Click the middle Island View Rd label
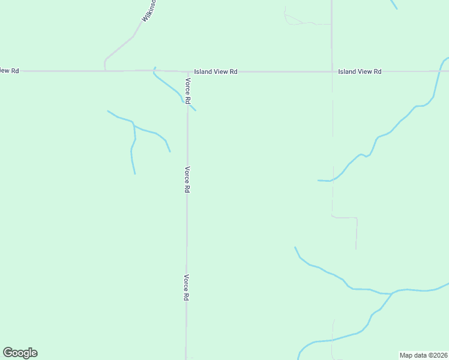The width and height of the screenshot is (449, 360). tap(216, 71)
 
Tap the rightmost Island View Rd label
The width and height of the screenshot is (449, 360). tap(360, 71)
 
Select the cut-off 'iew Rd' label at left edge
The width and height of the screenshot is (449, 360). tap(10, 71)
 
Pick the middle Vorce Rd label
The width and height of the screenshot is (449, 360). tap(187, 179)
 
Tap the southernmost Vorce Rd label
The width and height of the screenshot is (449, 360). tap(187, 287)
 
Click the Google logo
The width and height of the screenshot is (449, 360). tap(20, 353)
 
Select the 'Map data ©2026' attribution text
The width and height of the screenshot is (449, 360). tap(423, 355)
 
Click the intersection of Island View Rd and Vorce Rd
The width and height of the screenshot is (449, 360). tap(187, 71)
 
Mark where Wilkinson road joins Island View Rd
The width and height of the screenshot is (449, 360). tap(105, 71)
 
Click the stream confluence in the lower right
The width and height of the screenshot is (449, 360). tap(391, 293)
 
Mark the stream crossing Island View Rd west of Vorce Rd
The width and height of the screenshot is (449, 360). tap(155, 70)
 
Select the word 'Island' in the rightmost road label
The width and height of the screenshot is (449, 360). tap(347, 71)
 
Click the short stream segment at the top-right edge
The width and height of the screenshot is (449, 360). tap(394, 4)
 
